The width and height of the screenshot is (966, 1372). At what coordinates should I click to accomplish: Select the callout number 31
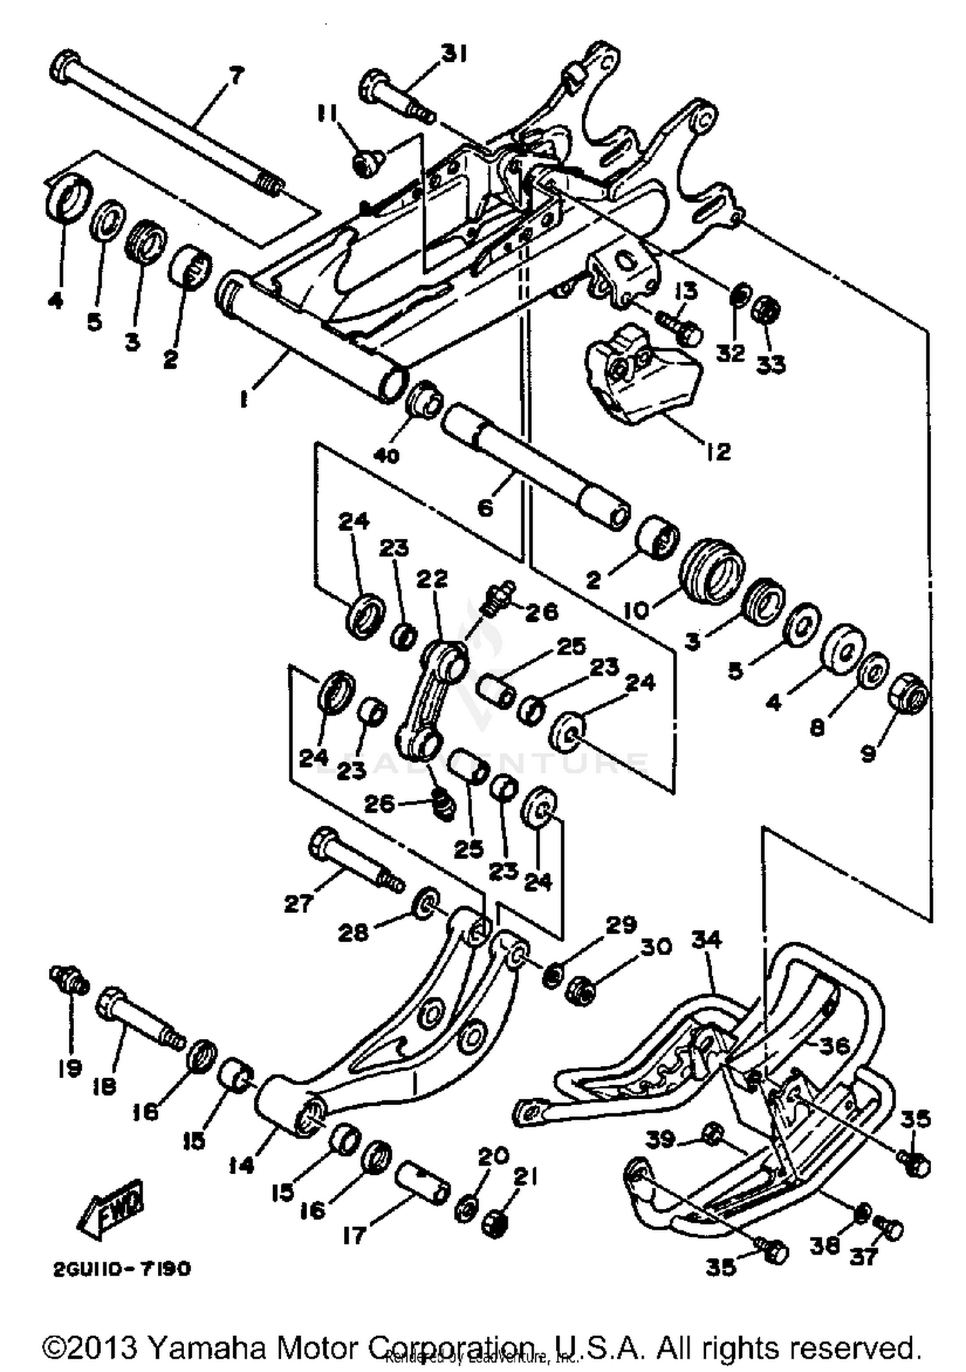[x=455, y=54]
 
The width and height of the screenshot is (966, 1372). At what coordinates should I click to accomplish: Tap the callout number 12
[x=718, y=451]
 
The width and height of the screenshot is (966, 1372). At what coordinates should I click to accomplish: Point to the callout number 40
[x=386, y=455]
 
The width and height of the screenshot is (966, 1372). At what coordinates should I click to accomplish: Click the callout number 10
[x=638, y=609]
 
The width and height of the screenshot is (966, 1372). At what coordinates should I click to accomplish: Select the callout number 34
[x=707, y=940]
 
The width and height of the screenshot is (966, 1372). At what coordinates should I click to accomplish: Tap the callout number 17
[x=354, y=1235]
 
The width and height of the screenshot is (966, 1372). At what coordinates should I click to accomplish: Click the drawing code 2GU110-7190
[x=122, y=1268]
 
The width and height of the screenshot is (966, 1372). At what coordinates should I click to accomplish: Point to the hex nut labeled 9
[x=909, y=696]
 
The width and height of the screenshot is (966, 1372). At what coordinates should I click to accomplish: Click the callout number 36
[x=834, y=1045]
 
